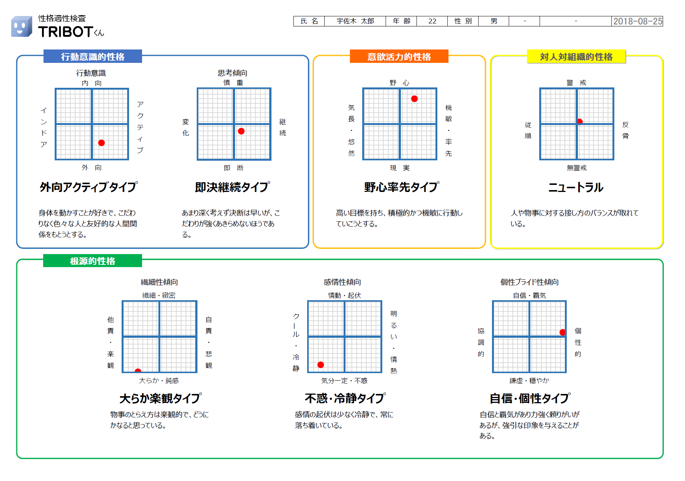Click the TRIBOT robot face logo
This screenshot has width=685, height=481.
point(22,26)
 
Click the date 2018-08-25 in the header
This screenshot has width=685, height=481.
point(637,21)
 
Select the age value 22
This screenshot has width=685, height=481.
point(432,21)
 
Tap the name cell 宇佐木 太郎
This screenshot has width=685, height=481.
point(355,21)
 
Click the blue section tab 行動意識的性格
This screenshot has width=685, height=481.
point(93,57)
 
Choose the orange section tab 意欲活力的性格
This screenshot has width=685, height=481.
point(399,57)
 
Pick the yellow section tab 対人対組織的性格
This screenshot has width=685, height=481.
point(576,57)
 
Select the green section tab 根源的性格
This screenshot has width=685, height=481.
point(93,261)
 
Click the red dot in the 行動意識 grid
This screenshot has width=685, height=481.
point(102,143)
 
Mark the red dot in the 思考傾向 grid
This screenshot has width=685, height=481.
point(241,131)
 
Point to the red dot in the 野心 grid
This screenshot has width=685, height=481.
point(414,99)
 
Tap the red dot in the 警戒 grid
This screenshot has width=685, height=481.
point(580,122)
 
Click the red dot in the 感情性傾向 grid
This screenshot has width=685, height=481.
point(321,365)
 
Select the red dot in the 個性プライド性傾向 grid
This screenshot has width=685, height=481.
point(563,332)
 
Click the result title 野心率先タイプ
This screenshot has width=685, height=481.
point(402,187)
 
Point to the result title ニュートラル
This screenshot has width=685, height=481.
point(576,187)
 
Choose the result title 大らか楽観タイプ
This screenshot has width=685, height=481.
point(161,398)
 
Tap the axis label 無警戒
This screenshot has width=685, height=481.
point(577,168)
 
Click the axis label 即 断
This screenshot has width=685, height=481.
point(234,168)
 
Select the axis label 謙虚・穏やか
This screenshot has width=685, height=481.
point(529,381)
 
